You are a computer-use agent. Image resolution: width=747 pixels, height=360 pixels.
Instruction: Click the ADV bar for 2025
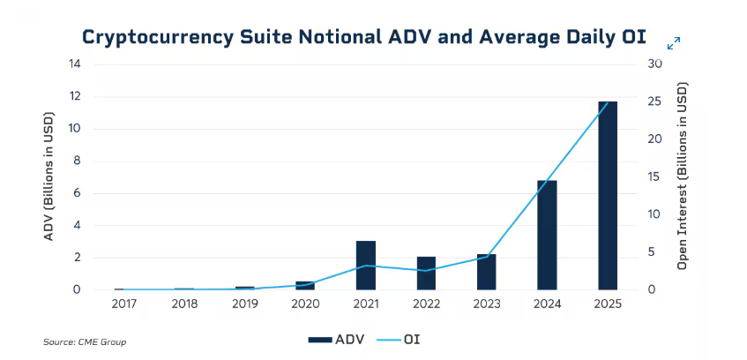[608, 195]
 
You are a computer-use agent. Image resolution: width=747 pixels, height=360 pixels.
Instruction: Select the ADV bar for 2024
[547, 235]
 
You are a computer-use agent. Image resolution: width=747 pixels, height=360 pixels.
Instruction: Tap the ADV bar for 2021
[366, 265]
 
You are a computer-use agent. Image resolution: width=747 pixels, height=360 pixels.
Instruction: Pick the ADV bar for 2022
[426, 273]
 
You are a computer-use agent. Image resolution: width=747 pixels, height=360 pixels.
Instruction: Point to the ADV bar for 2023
[487, 272]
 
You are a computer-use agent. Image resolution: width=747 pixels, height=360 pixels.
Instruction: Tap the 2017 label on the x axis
[124, 304]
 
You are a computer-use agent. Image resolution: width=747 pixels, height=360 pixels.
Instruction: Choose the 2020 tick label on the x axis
[305, 304]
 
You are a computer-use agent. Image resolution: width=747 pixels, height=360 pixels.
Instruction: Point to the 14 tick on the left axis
[75, 64]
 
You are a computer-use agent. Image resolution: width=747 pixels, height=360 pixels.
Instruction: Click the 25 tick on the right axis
[653, 101]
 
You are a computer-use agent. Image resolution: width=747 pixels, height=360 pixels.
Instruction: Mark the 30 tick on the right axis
[653, 64]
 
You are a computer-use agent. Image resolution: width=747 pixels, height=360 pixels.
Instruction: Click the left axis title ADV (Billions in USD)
[49, 176]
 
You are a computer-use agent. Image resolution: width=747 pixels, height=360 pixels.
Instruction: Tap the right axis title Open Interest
[682, 176]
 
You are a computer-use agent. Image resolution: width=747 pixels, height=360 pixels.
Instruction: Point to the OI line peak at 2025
[608, 102]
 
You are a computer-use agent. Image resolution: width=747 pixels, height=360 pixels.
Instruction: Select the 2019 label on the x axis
[245, 304]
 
